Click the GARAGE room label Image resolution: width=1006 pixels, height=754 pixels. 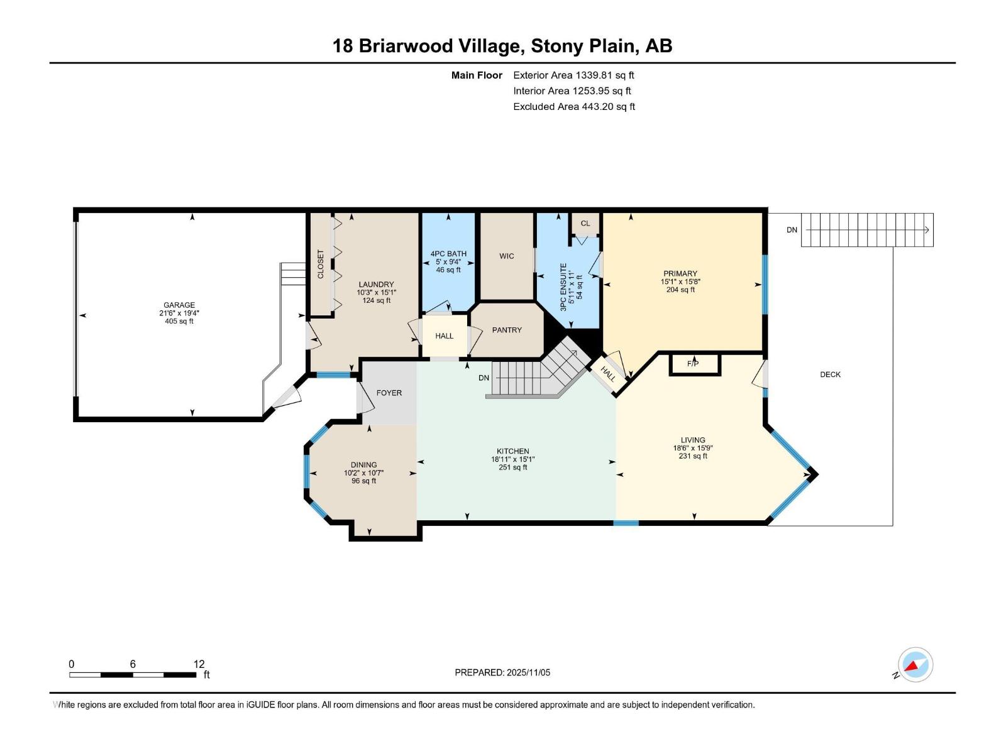[x=179, y=305]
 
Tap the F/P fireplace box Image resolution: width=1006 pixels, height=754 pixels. [x=693, y=364]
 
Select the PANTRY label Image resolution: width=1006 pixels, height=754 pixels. [x=507, y=330]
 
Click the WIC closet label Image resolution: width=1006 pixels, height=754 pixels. [x=507, y=256]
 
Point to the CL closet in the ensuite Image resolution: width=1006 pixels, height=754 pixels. [x=585, y=223]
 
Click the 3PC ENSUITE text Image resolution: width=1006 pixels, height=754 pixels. [x=563, y=287]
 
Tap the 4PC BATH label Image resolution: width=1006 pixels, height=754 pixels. [x=448, y=254]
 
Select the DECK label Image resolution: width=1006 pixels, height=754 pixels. [x=830, y=374]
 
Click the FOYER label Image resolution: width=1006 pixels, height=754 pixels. [x=389, y=393]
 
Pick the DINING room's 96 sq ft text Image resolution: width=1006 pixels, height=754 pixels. [x=363, y=481]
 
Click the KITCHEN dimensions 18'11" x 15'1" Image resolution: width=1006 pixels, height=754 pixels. [x=512, y=459]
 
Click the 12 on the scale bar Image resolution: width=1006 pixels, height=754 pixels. [x=199, y=664]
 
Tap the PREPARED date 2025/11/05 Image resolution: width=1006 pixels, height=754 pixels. [x=528, y=672]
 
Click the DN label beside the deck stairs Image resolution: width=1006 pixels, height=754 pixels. [x=792, y=230]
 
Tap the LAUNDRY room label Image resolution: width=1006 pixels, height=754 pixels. [x=376, y=285]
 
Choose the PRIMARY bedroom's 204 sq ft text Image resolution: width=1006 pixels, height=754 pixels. [x=680, y=290]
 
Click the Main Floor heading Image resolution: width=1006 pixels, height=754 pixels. [x=477, y=75]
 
